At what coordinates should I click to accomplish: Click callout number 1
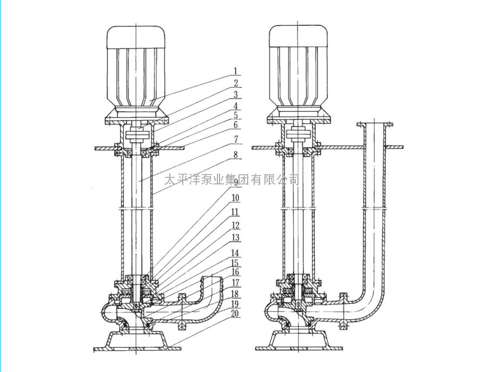tap(235, 71)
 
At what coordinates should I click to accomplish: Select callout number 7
tap(236, 139)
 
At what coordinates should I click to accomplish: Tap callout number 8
tap(236, 154)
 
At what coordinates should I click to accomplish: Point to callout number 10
tap(235, 198)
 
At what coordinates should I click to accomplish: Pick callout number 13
tap(235, 237)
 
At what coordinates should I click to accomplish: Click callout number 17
tap(235, 283)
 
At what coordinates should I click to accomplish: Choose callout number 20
tap(235, 314)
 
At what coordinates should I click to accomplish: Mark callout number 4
tap(236, 106)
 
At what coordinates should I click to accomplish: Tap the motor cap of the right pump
tap(299, 36)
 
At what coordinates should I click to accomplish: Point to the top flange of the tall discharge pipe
tap(374, 124)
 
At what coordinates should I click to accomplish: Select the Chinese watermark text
tap(232, 180)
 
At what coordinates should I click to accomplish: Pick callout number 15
tap(235, 263)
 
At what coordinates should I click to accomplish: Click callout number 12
tap(235, 225)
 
